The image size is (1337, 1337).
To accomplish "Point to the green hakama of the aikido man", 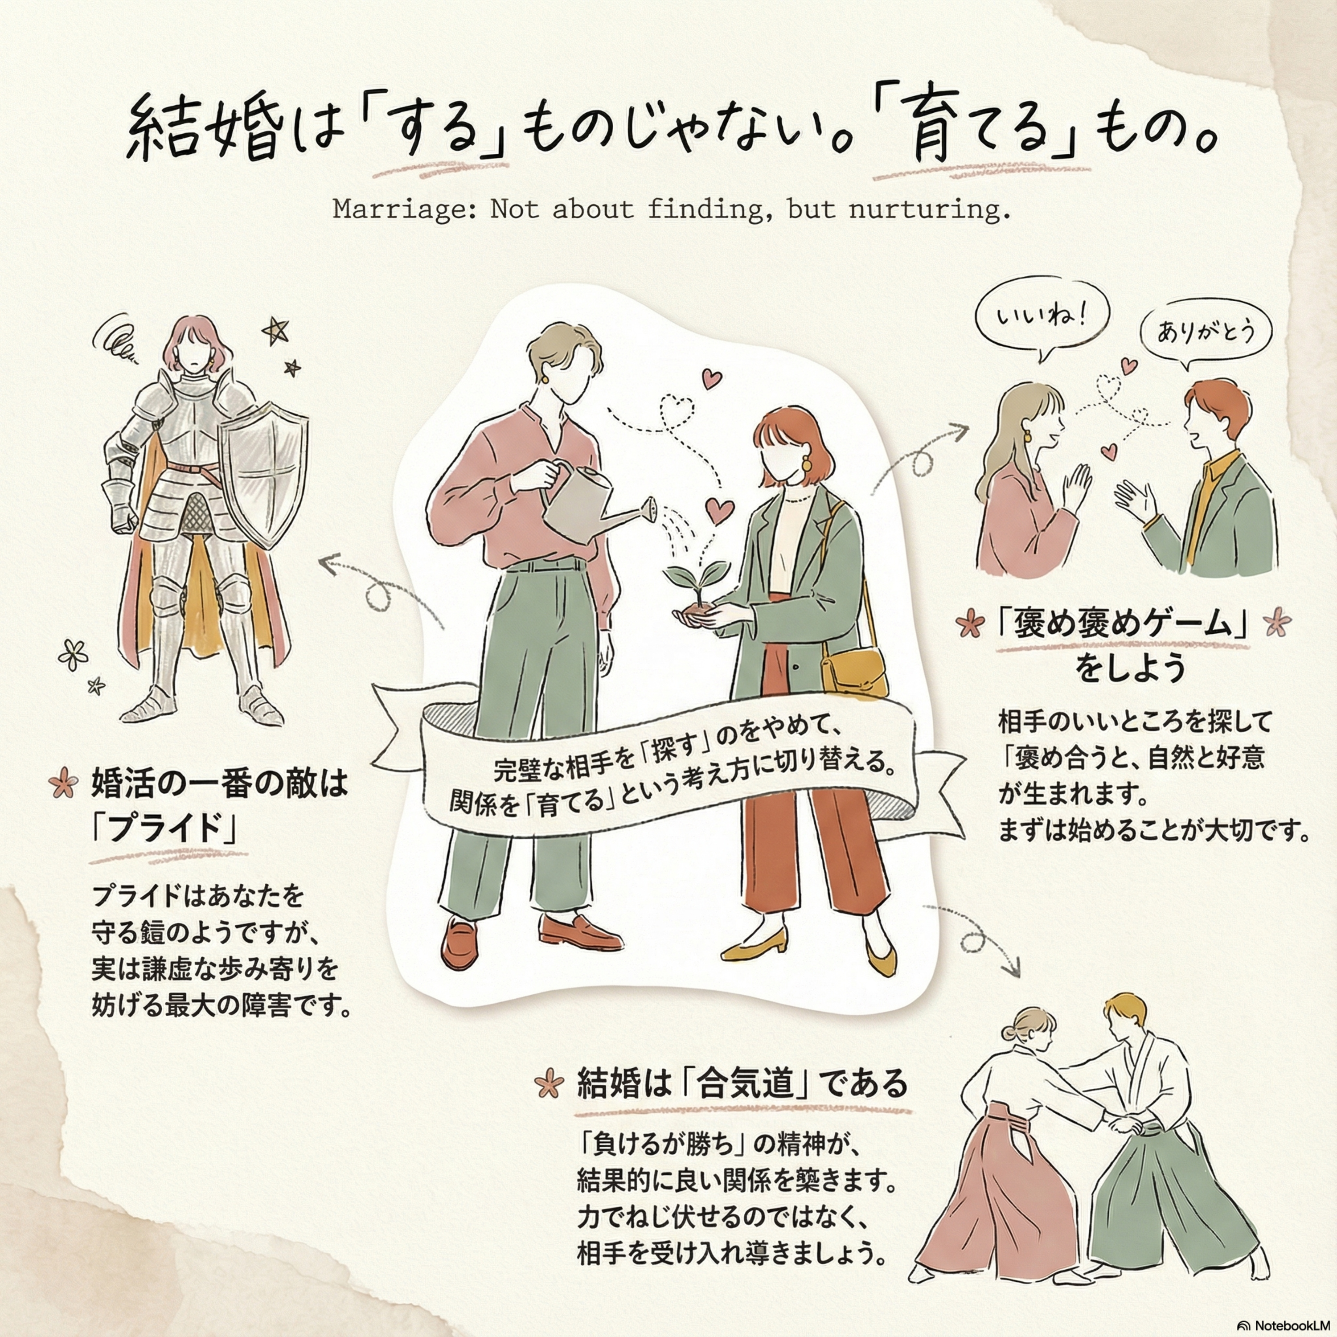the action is [x=1169, y=1201].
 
